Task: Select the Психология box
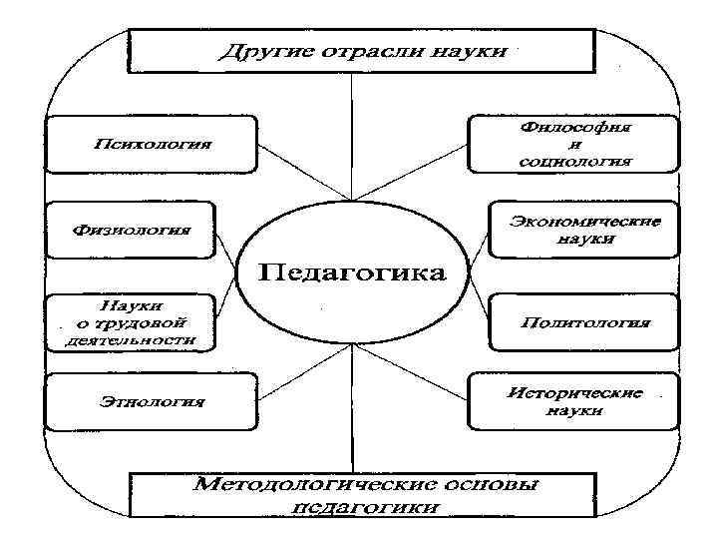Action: pyautogui.click(x=153, y=144)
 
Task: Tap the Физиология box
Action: pyautogui.click(x=133, y=232)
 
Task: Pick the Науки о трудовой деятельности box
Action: pyautogui.click(x=133, y=322)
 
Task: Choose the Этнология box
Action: pyautogui.click(x=153, y=402)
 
